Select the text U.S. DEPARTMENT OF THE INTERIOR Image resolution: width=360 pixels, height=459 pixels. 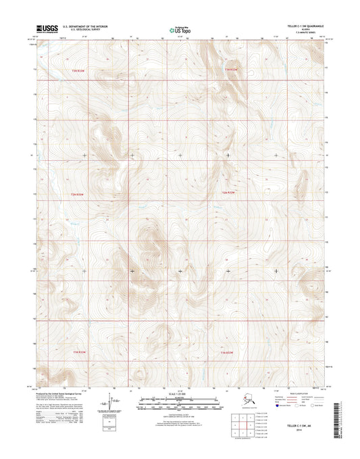pos(86,26)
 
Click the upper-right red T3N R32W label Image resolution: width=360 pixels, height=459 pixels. pos(232,69)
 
